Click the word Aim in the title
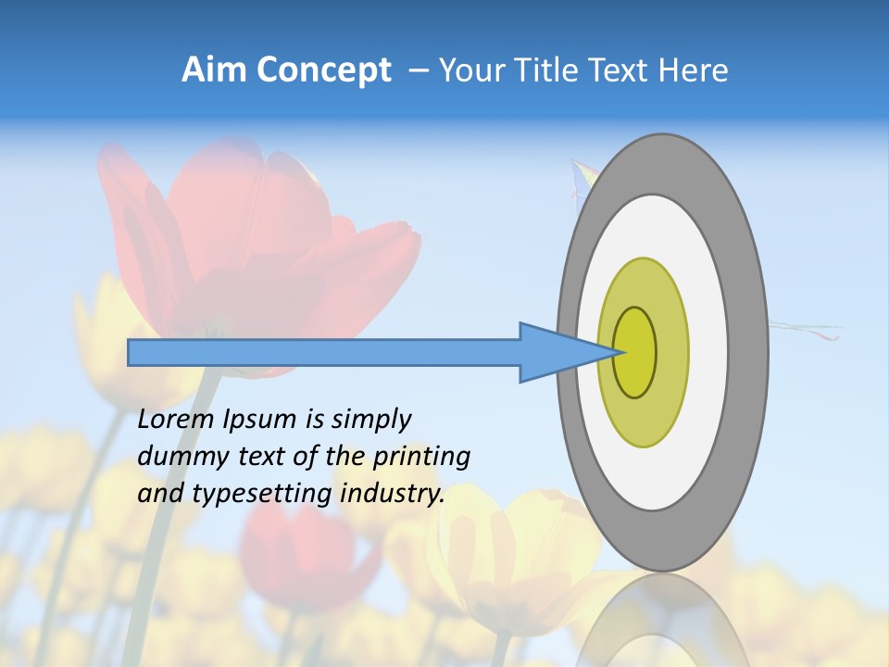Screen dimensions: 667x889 pyautogui.click(x=214, y=70)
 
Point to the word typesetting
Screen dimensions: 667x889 pyautogui.click(x=262, y=495)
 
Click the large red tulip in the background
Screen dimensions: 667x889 pyautogui.click(x=269, y=241)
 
